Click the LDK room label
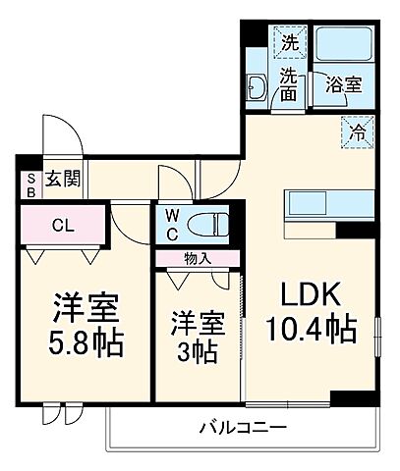[313, 294]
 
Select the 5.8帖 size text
[86, 344]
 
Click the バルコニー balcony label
[242, 428]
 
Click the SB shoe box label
[30, 183]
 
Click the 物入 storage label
[197, 258]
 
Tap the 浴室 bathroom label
[343, 84]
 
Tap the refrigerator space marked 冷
[357, 129]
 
